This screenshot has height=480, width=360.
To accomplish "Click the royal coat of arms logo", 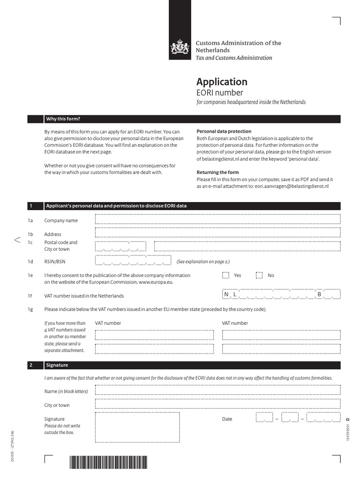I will click(x=180, y=47).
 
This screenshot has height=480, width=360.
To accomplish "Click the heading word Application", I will click(x=222, y=82).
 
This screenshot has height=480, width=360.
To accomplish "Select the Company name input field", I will click(x=217, y=219).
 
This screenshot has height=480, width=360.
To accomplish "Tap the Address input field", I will click(x=217, y=232).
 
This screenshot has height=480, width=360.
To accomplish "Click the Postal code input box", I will click(x=120, y=246).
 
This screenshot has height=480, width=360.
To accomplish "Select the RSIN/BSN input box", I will click(x=133, y=261).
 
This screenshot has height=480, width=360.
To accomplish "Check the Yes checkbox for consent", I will click(x=225, y=275).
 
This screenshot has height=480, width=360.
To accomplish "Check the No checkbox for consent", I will click(x=259, y=275).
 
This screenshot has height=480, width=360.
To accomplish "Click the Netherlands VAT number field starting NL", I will click(x=281, y=294).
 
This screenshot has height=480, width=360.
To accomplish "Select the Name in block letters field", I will click(x=217, y=390).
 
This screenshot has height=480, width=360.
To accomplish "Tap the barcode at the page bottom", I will click(x=108, y=463).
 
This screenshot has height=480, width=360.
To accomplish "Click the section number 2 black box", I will click(x=35, y=365).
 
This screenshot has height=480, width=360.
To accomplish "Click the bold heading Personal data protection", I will click(x=224, y=131).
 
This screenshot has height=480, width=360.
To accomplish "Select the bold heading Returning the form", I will click(x=217, y=172).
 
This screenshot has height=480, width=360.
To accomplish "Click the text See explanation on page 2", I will click(x=203, y=262).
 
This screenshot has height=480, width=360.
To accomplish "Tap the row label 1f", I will click(x=30, y=296).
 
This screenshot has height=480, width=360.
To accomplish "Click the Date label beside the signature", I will click(x=227, y=419).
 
